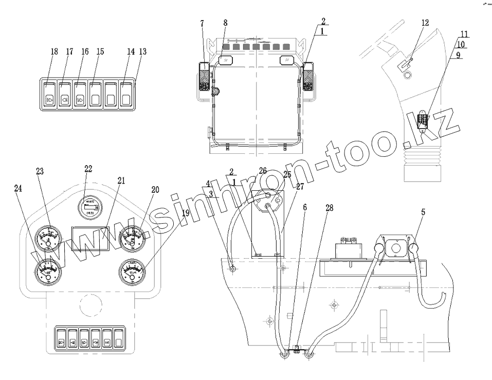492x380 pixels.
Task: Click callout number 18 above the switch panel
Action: coord(54,51)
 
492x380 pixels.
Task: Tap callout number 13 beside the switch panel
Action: coord(143,51)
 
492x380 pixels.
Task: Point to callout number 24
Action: coord(19,189)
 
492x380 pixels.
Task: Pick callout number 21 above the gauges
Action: coord(121,180)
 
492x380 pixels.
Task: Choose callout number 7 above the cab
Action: coord(202,24)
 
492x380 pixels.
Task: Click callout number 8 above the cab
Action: coord(225,23)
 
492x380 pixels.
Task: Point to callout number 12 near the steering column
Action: coord(425,23)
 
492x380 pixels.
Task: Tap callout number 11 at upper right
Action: coord(464,34)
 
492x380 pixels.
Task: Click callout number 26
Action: coord(263,171)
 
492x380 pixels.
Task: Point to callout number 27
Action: coord(300,186)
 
